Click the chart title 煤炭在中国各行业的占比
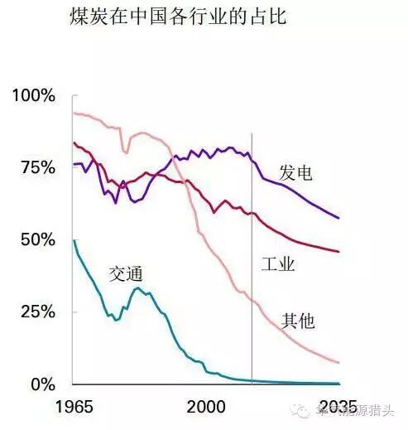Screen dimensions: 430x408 177,17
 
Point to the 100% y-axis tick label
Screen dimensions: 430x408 34,95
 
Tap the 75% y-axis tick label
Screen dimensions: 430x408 38,167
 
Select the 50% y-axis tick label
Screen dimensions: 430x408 38,239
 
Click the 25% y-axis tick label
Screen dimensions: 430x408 38,312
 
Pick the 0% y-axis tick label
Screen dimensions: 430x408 44,384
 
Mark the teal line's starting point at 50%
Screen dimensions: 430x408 74,240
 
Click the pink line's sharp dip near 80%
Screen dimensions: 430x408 126,152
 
